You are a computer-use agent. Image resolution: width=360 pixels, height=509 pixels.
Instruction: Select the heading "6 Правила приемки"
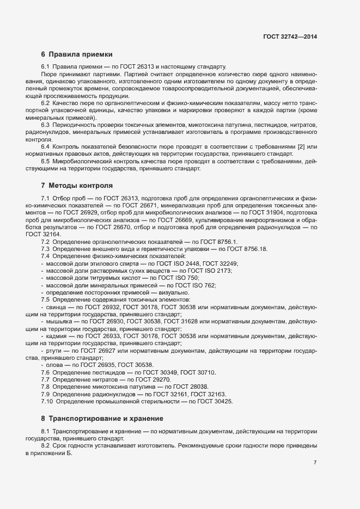pos(77,54)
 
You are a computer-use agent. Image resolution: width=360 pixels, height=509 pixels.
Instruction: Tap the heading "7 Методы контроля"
pos(77,185)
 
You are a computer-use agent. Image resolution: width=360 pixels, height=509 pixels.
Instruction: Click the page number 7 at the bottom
pos(315,463)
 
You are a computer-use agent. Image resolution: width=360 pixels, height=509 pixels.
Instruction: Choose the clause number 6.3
pos(46,125)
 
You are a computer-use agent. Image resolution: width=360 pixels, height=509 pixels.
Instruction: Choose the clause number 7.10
pos(47,401)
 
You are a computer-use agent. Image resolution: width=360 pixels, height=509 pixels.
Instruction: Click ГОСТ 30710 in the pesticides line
pos(198,372)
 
